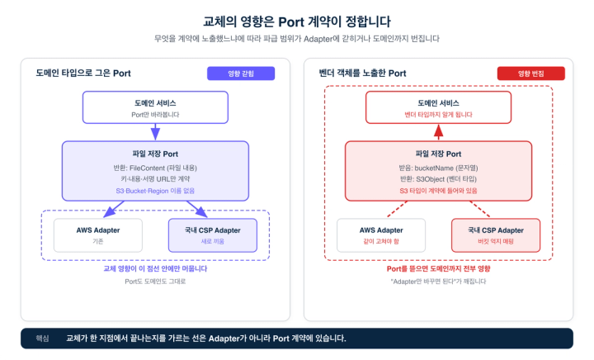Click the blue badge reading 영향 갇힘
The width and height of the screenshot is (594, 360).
point(241,73)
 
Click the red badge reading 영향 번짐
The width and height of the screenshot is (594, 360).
point(530,73)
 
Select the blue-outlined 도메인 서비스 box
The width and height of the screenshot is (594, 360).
point(155,107)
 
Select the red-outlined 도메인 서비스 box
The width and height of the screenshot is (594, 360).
point(438,107)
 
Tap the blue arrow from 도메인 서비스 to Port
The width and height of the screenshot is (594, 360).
point(155,132)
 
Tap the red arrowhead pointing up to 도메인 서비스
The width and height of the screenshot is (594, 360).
point(438,130)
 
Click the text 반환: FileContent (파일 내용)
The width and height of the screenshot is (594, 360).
point(155,168)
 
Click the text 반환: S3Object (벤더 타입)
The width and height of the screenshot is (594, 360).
point(438,179)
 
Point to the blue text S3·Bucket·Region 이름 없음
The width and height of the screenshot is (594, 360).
point(155,191)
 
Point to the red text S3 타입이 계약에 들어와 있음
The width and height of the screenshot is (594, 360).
point(438,191)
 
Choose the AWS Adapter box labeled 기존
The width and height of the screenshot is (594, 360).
point(98,235)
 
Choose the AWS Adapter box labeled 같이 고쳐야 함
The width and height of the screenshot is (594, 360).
point(381,235)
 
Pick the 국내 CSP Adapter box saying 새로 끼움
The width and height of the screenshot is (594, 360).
point(213,235)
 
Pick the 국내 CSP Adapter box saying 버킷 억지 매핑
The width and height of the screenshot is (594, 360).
point(496,235)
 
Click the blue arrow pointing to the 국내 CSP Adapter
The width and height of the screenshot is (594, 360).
point(197,209)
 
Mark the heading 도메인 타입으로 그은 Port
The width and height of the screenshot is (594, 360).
point(83,73)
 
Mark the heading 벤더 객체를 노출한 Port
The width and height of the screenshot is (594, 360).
point(362,73)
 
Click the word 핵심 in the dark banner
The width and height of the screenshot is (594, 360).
point(42,339)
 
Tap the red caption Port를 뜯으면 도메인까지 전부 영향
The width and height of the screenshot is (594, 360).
point(438,268)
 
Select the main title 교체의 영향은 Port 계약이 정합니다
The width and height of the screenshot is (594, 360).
point(297,21)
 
